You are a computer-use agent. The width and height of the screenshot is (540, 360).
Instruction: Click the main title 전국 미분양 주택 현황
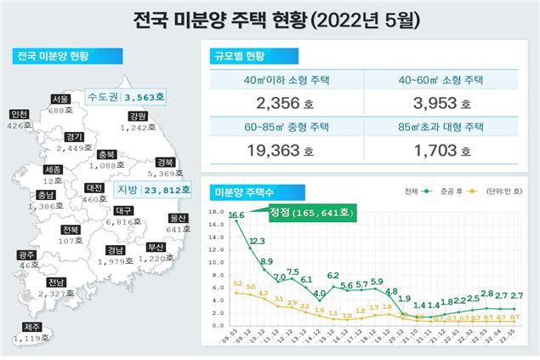click(x=270, y=19)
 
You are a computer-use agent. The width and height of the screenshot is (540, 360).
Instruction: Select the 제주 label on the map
click(x=31, y=327)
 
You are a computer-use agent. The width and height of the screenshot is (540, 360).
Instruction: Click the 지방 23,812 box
click(x=147, y=190)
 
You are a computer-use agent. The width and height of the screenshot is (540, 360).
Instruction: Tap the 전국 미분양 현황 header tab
click(x=63, y=57)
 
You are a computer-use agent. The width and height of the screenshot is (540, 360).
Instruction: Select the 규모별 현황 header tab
click(x=240, y=57)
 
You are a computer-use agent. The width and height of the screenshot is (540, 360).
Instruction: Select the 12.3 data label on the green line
click(x=257, y=243)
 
